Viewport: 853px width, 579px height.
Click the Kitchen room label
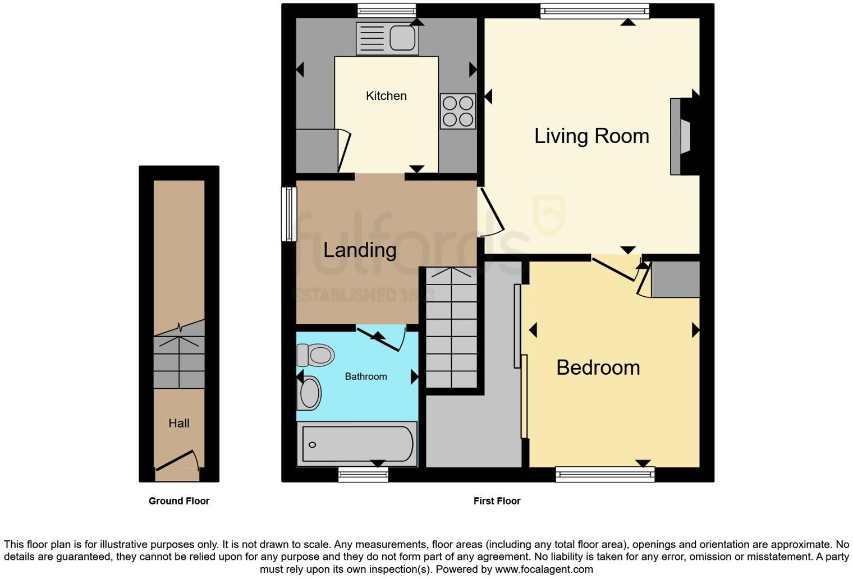click(x=386, y=96)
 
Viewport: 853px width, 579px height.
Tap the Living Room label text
click(x=591, y=136)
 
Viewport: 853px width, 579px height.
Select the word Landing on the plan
click(x=360, y=250)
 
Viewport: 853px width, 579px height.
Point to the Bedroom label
click(x=598, y=367)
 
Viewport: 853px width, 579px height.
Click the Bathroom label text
click(x=365, y=376)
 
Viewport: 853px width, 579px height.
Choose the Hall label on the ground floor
click(x=179, y=424)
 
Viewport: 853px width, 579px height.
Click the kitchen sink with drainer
click(x=387, y=39)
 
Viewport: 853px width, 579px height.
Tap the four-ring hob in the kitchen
click(x=457, y=111)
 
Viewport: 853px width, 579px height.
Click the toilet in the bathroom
click(x=316, y=355)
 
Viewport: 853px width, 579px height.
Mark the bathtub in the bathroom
click(x=357, y=444)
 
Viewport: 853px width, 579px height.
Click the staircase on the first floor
click(x=451, y=328)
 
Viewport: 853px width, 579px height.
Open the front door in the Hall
click(x=177, y=461)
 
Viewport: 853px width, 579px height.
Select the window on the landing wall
click(x=288, y=214)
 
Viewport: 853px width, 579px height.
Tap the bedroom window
click(x=605, y=475)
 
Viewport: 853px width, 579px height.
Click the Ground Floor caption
click(x=179, y=501)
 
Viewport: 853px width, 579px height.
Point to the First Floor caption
click(x=497, y=501)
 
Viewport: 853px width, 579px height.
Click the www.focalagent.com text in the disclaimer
click(x=543, y=569)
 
